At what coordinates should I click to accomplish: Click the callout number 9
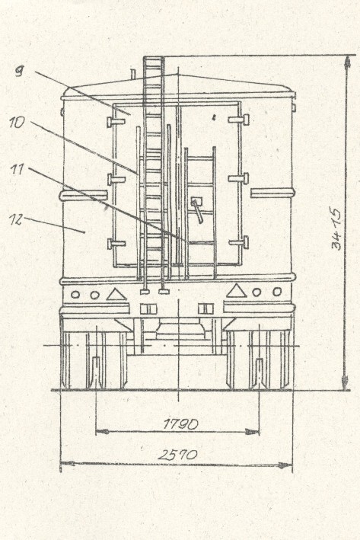click(20, 71)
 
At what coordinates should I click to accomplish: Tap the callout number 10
click(17, 123)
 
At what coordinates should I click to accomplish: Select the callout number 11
click(17, 169)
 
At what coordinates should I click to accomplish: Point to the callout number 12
click(16, 219)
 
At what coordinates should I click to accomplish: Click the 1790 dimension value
click(180, 423)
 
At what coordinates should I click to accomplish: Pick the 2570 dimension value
click(178, 455)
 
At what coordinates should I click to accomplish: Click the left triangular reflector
click(116, 294)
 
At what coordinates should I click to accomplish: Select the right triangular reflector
click(236, 291)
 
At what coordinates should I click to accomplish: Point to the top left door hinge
click(115, 122)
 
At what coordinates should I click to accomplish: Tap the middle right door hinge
click(238, 178)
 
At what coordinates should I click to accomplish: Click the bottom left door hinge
click(116, 244)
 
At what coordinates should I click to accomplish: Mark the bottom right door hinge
click(239, 242)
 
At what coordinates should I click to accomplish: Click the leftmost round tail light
click(75, 295)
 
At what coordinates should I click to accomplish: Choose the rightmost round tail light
click(277, 292)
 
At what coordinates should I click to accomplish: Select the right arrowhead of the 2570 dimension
click(285, 465)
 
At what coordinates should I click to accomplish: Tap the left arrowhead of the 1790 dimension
click(102, 431)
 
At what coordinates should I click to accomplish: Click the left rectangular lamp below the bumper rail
click(148, 308)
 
